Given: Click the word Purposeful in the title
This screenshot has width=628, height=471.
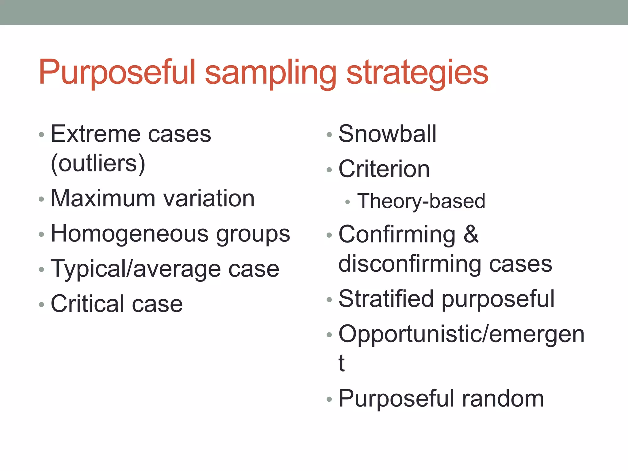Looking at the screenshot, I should point(117,72).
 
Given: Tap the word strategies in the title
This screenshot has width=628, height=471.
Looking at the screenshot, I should point(417,72).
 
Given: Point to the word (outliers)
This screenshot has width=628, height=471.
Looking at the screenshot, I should point(98,163).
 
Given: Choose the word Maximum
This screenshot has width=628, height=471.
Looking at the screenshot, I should point(103,198).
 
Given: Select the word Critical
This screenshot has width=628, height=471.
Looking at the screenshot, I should point(87,304).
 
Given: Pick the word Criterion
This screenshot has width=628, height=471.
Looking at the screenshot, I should point(384,169).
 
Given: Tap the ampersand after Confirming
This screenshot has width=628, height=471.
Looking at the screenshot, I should point(471,234).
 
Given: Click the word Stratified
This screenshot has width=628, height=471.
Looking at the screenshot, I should point(386,299).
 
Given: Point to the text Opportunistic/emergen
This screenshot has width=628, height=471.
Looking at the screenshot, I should point(461,334).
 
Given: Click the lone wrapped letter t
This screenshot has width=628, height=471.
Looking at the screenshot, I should point(342,363).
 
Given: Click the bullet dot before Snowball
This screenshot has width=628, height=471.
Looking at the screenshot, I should point(329,135).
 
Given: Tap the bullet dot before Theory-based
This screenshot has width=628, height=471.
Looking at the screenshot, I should point(347,202).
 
